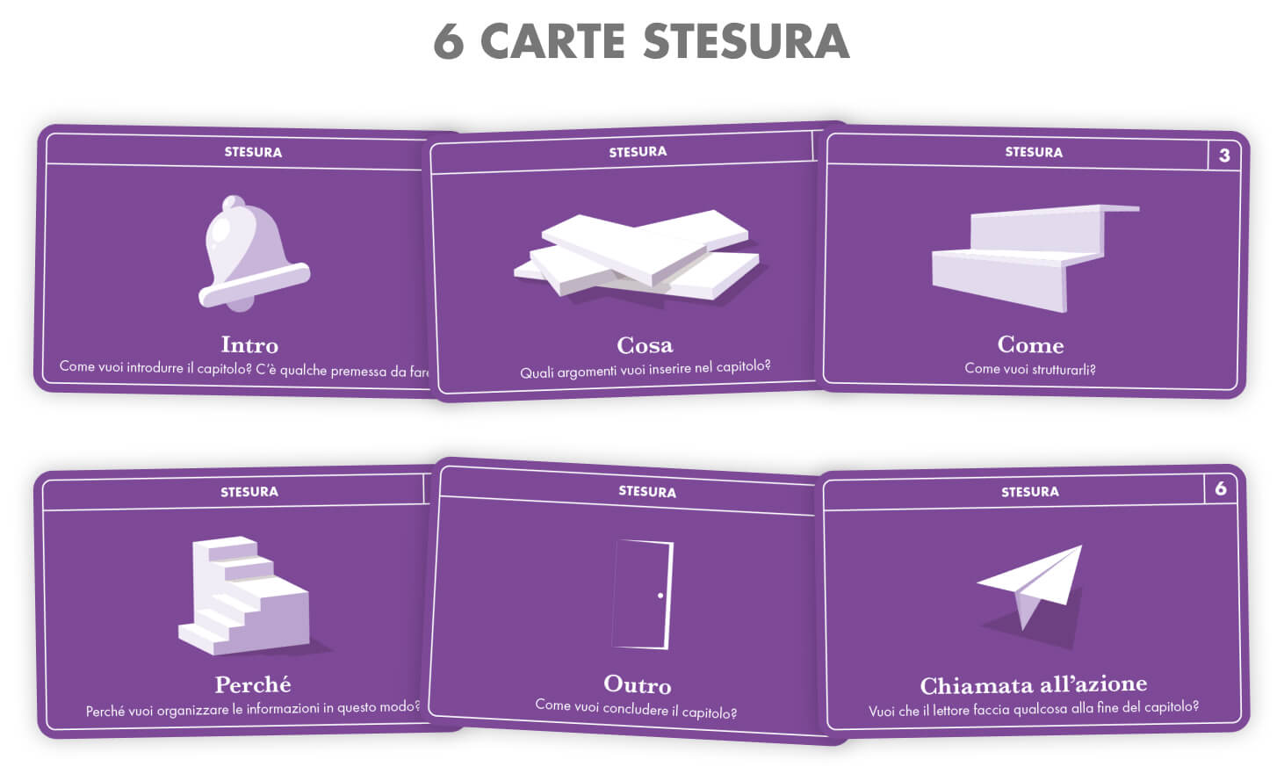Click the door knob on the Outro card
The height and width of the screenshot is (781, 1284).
click(660, 596)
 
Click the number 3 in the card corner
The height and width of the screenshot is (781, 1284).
click(1224, 155)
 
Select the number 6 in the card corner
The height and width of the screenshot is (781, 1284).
click(1221, 488)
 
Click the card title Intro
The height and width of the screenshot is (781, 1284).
click(250, 344)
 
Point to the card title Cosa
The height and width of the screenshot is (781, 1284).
click(645, 344)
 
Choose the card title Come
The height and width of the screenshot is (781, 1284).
click(1031, 344)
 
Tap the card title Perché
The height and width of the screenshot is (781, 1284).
click(253, 684)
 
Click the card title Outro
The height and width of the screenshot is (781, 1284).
click(638, 684)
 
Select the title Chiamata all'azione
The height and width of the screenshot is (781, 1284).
click(1034, 684)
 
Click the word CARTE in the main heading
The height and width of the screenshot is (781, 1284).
click(552, 41)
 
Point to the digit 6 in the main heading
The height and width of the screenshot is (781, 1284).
click(449, 41)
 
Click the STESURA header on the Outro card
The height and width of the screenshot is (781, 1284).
click(647, 491)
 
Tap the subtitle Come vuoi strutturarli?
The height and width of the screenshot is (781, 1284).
click(1030, 369)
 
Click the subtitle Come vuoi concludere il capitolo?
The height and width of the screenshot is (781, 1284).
click(636, 709)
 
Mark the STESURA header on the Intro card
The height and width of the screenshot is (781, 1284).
click(253, 152)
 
